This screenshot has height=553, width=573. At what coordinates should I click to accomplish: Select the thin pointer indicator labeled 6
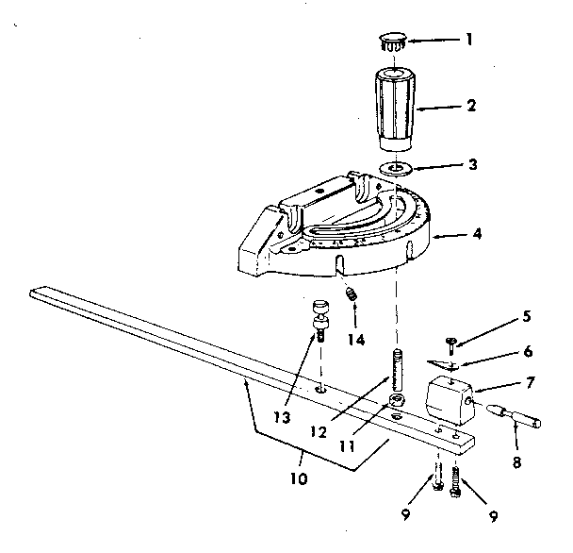444,363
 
